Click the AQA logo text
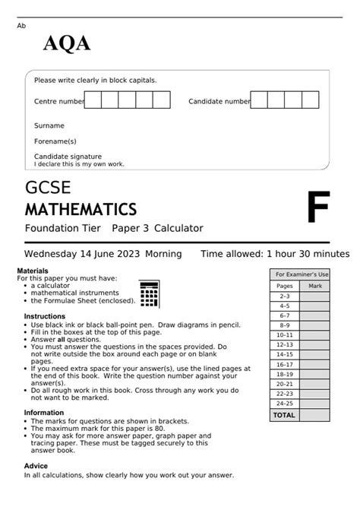[67, 44]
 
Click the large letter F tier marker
[318, 208]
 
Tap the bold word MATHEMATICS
[81, 208]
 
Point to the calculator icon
[149, 293]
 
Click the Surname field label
[49, 125]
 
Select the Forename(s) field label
[55, 141]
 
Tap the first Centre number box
[93, 100]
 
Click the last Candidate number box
[311, 100]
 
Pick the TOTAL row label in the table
[284, 415]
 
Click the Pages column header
[285, 286]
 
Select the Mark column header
[315, 286]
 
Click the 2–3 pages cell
[285, 296]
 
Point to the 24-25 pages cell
[285, 404]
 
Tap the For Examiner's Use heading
[302, 274]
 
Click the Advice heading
[36, 466]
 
